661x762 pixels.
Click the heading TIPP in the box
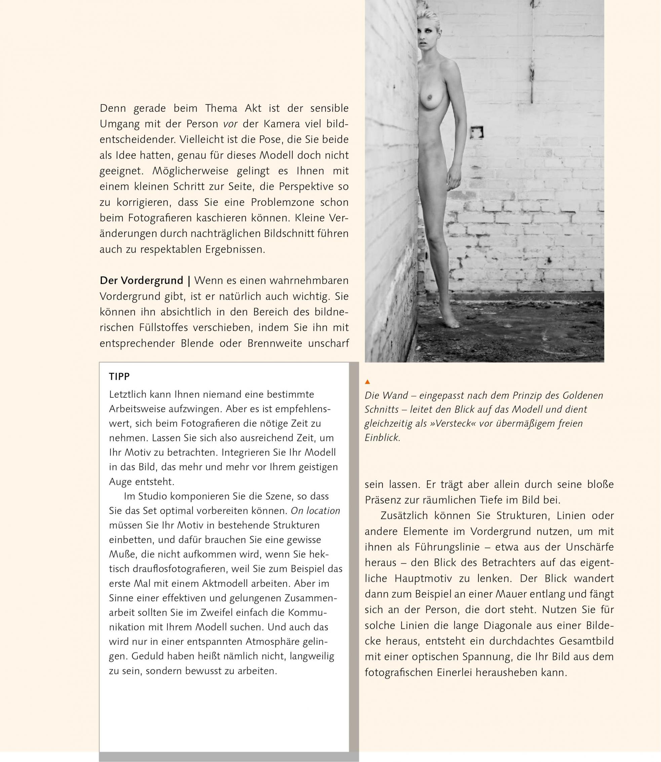pyautogui.click(x=119, y=377)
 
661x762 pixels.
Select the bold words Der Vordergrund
pyautogui.click(x=141, y=281)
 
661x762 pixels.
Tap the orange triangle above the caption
pyautogui.click(x=367, y=382)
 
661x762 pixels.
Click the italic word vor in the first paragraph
pyautogui.click(x=230, y=124)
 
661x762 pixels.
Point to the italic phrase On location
pyautogui.click(x=315, y=511)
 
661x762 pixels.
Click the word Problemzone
pyautogui.click(x=282, y=202)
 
